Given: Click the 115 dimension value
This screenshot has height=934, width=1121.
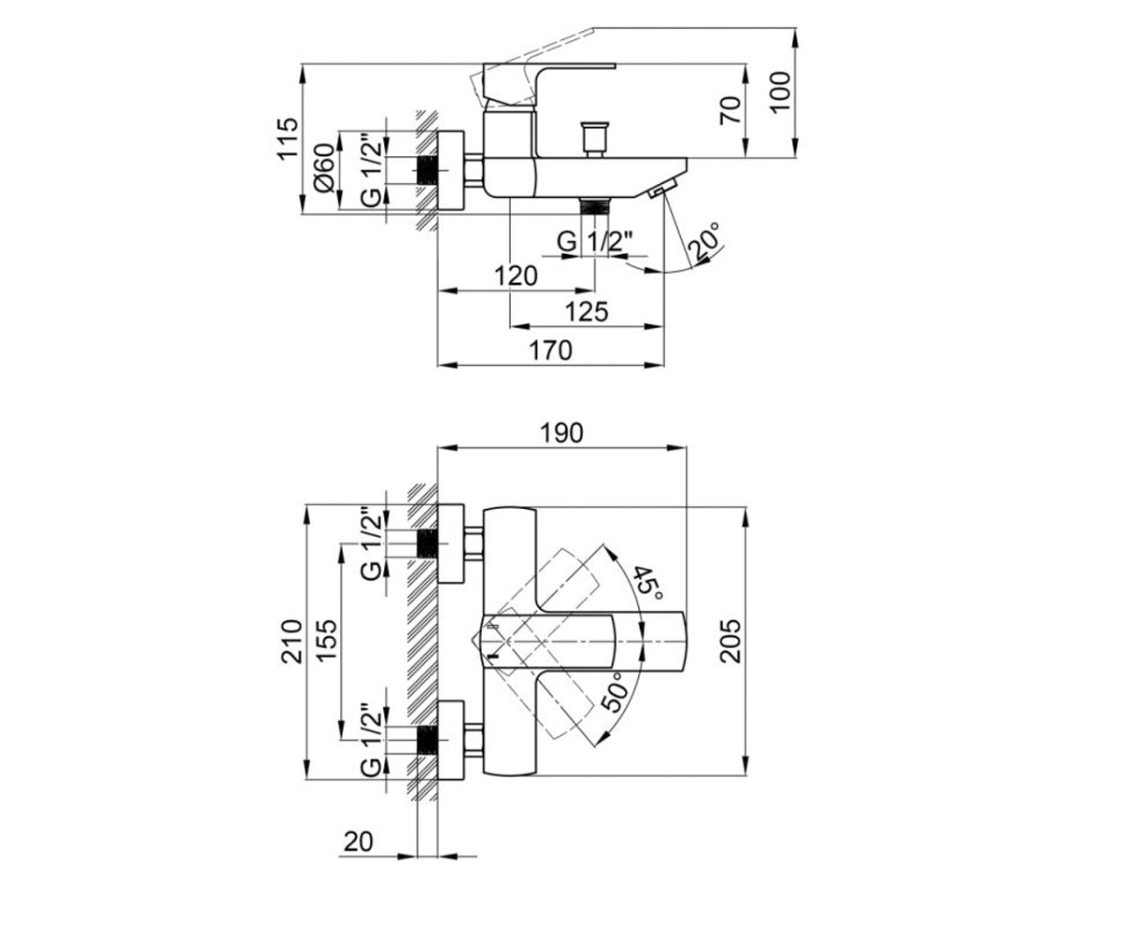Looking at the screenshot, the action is click(x=287, y=137).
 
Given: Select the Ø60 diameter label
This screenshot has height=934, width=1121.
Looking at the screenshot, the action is click(x=325, y=167).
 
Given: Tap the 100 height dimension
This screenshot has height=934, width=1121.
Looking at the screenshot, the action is click(x=781, y=92).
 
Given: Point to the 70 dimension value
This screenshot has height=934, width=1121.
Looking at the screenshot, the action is click(x=731, y=110).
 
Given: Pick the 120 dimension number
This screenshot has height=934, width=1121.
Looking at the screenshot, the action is click(x=516, y=276).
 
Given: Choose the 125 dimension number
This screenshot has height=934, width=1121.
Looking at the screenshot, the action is click(x=587, y=312).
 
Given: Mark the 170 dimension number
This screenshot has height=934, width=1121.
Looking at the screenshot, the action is click(x=551, y=351).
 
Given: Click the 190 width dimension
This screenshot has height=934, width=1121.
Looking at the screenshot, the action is click(x=561, y=432).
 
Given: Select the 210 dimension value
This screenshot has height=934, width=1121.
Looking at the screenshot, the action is click(x=292, y=641).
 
